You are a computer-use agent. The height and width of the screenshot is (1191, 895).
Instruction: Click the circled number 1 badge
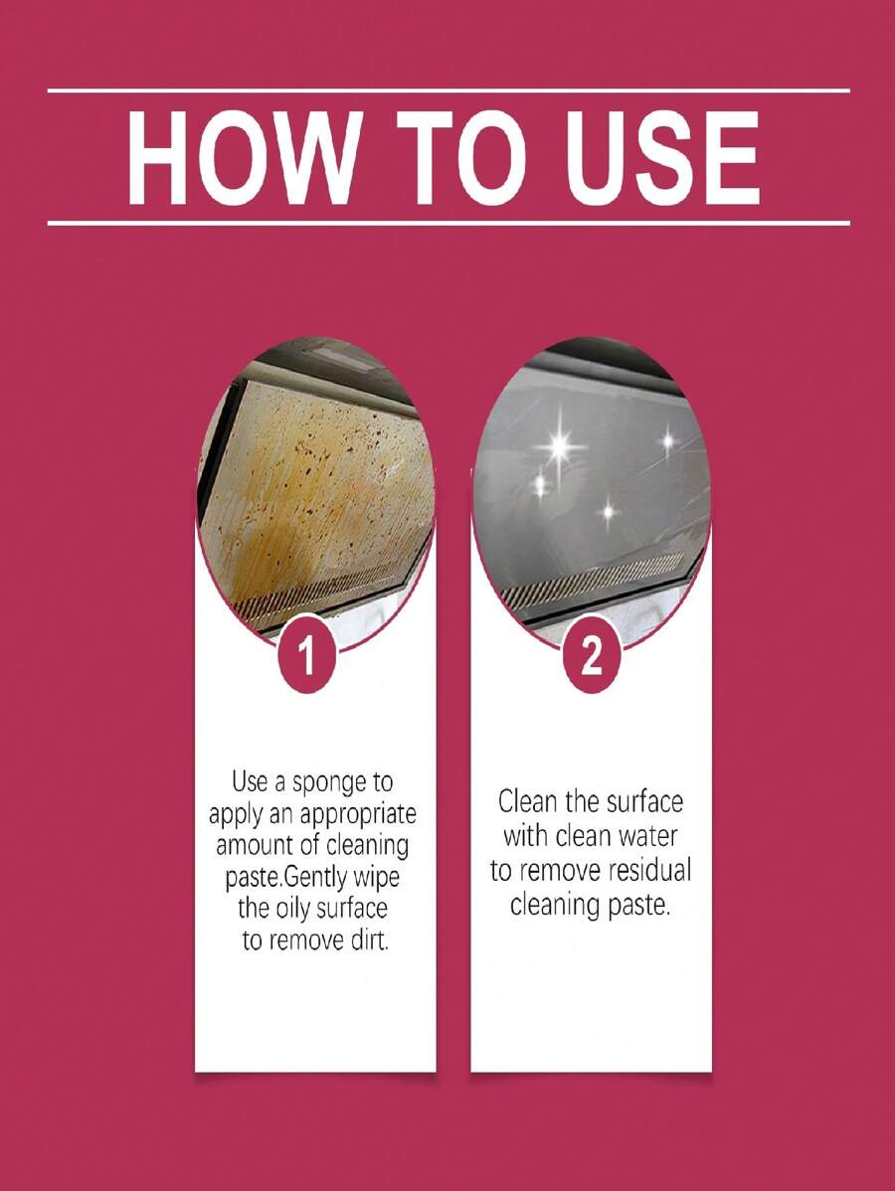point(306,657)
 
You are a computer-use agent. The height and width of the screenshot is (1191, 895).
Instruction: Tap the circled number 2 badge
point(591,657)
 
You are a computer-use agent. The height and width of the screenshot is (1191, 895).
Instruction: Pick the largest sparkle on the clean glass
point(560,445)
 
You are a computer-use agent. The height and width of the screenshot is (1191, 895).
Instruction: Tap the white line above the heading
point(448,91)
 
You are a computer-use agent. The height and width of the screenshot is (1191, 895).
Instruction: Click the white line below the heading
point(448,224)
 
